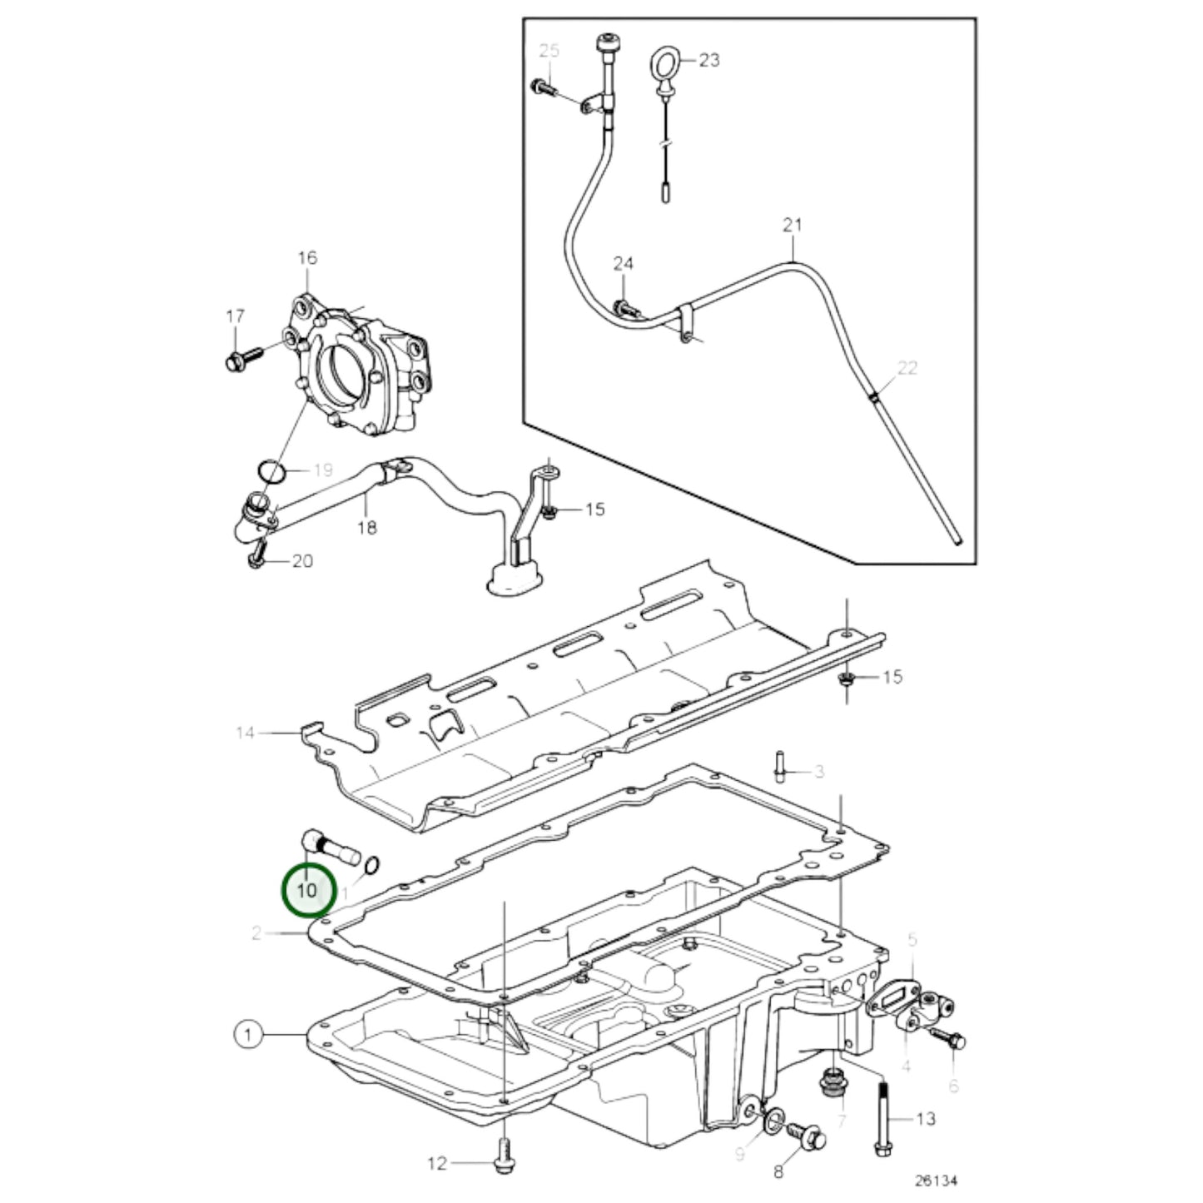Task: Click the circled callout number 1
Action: [x=248, y=1036]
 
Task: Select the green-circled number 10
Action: [x=308, y=890]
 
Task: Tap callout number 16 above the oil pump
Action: [x=308, y=257]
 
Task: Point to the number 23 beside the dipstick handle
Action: [x=708, y=60]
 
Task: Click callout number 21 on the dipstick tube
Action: [x=793, y=225]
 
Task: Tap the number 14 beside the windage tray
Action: [x=246, y=733]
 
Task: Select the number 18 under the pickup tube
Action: [x=367, y=528]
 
